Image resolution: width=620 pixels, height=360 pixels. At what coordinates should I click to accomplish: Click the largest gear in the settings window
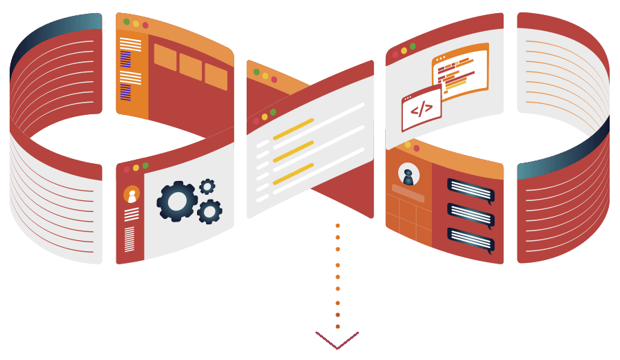click(177, 201)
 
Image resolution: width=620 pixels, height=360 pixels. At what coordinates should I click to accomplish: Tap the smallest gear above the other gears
click(207, 187)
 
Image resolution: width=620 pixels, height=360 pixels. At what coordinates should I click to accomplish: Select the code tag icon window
click(422, 109)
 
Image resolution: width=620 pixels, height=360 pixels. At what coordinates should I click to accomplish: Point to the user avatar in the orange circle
click(132, 195)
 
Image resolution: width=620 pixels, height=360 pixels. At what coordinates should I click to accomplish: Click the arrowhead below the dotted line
click(338, 341)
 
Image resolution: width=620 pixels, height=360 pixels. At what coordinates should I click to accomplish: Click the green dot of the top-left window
click(126, 21)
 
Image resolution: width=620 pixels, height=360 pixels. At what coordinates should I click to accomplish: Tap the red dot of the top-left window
click(145, 25)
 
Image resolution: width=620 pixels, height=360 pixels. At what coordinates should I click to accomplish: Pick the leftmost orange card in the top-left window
click(165, 57)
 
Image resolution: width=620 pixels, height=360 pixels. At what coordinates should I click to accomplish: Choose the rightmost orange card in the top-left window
click(216, 76)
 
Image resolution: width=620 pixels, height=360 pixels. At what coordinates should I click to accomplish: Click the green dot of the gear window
click(145, 165)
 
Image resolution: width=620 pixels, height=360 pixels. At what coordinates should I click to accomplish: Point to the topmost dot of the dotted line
click(338, 225)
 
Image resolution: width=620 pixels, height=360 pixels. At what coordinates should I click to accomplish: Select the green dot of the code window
click(413, 46)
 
